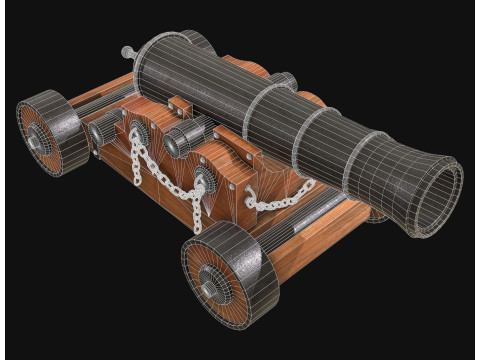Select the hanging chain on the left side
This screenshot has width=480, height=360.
(147, 165)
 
